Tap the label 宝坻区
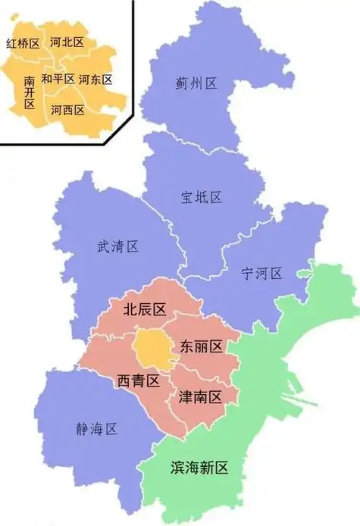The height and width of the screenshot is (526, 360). [x=201, y=197]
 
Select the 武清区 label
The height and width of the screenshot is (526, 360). [x=117, y=246]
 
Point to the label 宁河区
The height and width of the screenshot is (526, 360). [x=261, y=274]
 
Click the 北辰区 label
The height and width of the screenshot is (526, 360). [x=144, y=309]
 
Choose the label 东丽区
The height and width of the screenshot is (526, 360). [x=201, y=347]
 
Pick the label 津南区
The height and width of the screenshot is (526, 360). [x=200, y=396]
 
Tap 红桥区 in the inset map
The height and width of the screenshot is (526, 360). [x=22, y=44]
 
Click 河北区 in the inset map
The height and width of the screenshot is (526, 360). [x=66, y=42]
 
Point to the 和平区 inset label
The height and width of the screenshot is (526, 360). [x=58, y=79]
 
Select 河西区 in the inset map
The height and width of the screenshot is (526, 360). [x=67, y=110]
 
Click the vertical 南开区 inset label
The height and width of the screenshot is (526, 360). [x=30, y=91]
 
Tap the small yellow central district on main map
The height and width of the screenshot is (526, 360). [x=152, y=346]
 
